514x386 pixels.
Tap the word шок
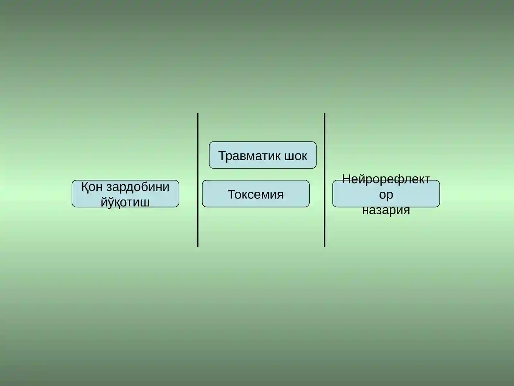(x=296, y=156)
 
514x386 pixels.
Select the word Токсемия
(x=256, y=194)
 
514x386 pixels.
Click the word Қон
(x=92, y=187)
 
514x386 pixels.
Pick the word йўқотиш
(x=125, y=202)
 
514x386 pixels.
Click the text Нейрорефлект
(x=386, y=179)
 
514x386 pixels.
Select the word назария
(x=386, y=210)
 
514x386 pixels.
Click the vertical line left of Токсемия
(x=198, y=180)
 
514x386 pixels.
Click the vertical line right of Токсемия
(x=324, y=180)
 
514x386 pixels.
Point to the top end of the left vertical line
(x=198, y=114)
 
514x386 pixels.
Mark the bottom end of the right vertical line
(x=324, y=247)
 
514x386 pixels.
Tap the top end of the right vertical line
(x=324, y=114)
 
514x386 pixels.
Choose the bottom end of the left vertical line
(x=198, y=247)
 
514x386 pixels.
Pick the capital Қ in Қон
(x=85, y=188)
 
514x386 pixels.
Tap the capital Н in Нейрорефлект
(x=346, y=179)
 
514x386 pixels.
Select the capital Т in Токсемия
(x=232, y=194)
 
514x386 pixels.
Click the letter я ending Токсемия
(x=280, y=196)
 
